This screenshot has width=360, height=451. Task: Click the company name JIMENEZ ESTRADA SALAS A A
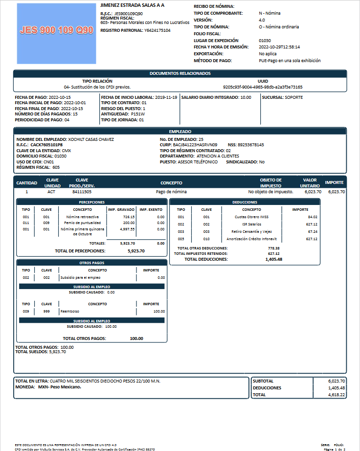(132, 5)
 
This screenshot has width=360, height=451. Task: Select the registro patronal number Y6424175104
(157, 30)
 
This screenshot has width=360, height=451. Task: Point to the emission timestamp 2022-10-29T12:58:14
(279, 47)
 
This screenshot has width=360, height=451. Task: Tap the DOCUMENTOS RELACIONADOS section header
(180, 73)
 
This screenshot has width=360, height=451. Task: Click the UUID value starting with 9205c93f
(263, 87)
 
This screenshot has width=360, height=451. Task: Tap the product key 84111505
(82, 192)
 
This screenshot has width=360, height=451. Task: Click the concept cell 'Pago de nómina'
(171, 192)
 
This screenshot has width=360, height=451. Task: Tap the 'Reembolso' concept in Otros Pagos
(69, 311)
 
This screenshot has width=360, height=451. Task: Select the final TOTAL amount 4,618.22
(336, 394)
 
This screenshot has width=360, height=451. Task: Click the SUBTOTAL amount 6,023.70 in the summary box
(336, 381)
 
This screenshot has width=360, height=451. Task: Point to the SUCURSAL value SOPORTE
(293, 97)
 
